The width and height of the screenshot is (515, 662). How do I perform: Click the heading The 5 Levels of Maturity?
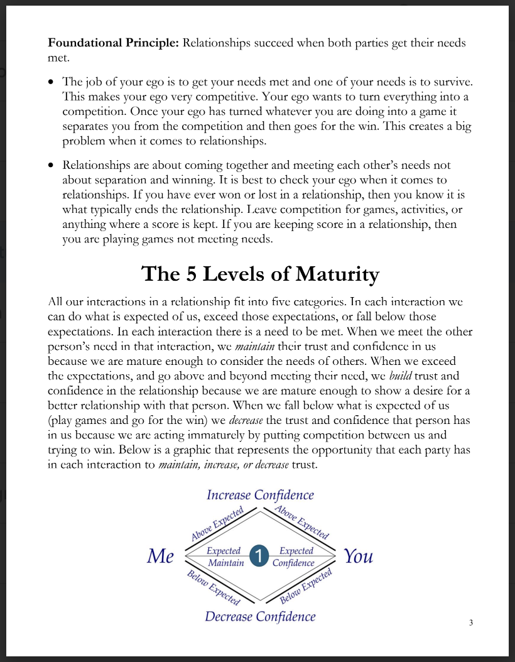click(x=260, y=274)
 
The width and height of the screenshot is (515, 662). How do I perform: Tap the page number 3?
click(x=471, y=622)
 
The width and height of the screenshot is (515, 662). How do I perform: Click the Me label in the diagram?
click(x=161, y=556)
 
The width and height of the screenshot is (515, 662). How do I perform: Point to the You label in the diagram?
click(x=358, y=556)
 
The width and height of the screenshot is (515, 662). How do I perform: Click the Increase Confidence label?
click(x=260, y=495)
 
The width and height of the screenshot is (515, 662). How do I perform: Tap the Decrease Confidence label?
click(x=260, y=616)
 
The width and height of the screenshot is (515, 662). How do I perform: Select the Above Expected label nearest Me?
click(x=217, y=525)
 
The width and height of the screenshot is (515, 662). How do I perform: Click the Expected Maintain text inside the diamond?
click(x=225, y=556)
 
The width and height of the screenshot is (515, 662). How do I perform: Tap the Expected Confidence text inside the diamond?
click(x=294, y=556)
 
